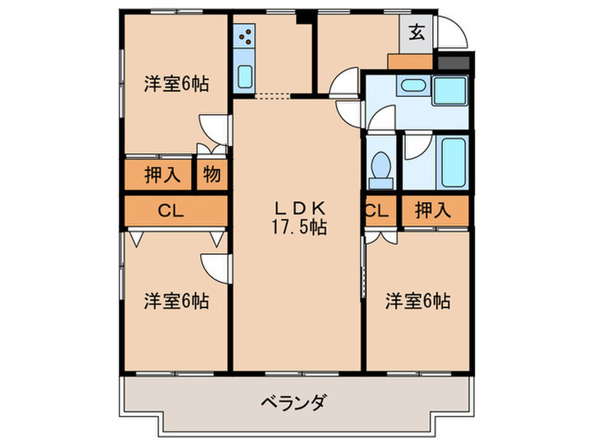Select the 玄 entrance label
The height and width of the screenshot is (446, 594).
417,33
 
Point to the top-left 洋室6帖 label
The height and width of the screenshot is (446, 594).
176,83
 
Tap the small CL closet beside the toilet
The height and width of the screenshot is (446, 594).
378,212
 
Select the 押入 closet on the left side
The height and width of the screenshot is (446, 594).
160,175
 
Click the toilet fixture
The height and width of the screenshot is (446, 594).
381,166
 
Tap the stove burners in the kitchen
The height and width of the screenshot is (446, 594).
245,37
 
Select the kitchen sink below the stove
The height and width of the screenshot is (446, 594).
244,76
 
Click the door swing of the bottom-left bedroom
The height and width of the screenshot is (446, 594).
216,268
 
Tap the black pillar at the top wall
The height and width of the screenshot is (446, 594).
302,17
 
